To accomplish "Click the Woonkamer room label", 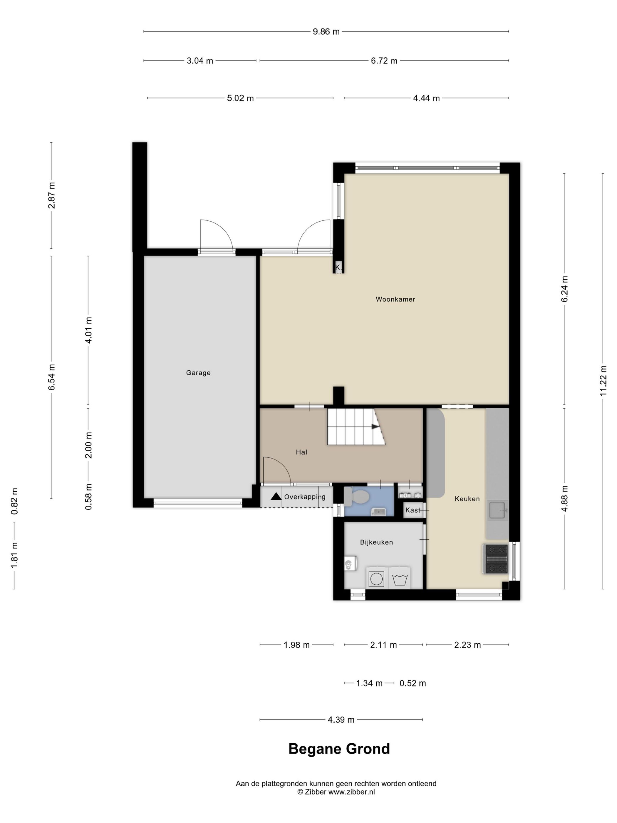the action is point(395,299).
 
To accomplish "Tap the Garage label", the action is point(198,372).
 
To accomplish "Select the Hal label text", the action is point(301,452).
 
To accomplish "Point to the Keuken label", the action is point(467,499).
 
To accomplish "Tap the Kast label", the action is point(413,510).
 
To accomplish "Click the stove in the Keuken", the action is point(495,559).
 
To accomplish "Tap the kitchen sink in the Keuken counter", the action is point(498,510).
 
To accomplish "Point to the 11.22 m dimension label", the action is point(603,380).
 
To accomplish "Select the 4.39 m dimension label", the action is point(341,720).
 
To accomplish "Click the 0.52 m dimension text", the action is point(413,683).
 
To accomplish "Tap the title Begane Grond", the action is point(339,749).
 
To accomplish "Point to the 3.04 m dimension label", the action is point(200,61).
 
